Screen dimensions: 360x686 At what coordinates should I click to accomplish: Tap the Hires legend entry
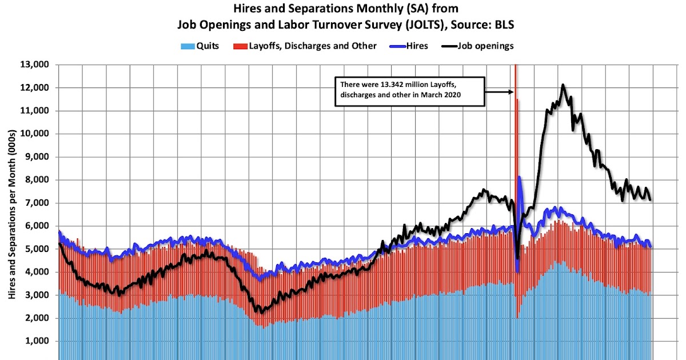(x=412, y=46)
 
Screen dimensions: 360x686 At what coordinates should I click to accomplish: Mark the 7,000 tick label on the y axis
(x=38, y=203)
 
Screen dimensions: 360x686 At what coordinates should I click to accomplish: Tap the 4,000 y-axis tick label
(x=38, y=272)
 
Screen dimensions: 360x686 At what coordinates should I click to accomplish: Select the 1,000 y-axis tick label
(x=38, y=341)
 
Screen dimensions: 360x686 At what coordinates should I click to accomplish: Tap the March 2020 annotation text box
(x=409, y=91)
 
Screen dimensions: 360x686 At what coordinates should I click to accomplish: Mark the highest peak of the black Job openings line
(x=563, y=85)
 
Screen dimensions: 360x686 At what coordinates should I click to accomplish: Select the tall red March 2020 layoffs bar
(x=516, y=143)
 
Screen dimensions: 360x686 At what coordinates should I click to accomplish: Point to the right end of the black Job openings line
(x=651, y=199)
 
